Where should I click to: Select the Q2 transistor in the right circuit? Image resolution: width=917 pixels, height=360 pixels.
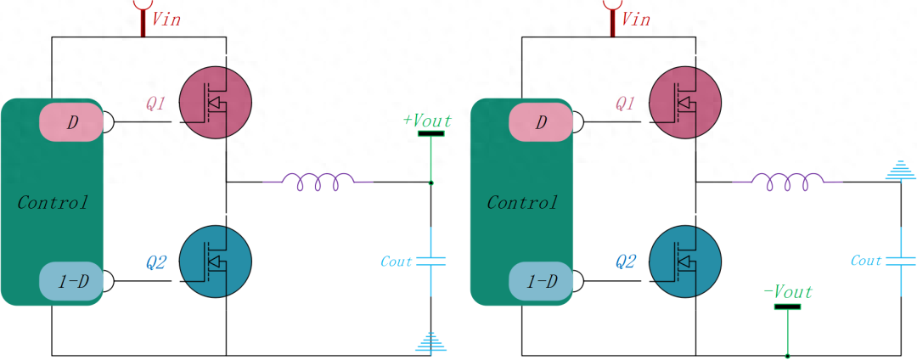click(x=685, y=261)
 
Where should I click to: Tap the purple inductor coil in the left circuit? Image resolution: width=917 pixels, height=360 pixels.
click(x=317, y=181)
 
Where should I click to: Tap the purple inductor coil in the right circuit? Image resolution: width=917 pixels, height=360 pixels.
click(x=787, y=181)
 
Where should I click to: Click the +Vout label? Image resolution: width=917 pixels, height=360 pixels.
click(x=428, y=121)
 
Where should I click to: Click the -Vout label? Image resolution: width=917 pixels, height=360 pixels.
click(x=788, y=293)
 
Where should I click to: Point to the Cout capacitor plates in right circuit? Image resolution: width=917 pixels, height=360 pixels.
click(x=900, y=261)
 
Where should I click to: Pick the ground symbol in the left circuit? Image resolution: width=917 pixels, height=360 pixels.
click(x=431, y=341)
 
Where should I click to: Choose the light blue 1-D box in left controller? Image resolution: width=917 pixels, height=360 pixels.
click(x=72, y=280)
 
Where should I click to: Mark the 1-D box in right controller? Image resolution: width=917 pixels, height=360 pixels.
click(x=542, y=280)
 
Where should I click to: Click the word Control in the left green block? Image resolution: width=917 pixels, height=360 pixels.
click(x=53, y=203)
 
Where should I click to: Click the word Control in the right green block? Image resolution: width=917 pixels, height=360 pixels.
click(x=522, y=203)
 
